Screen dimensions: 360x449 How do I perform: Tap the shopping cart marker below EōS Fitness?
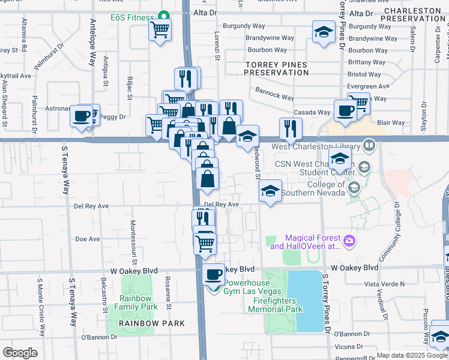click(160, 29)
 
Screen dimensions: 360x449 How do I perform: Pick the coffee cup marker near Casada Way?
click(346, 111)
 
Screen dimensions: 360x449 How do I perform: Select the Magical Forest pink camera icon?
click(351, 242)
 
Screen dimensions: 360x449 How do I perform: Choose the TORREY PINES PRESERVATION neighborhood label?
click(276, 68)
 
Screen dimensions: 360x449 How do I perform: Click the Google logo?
click(20, 352)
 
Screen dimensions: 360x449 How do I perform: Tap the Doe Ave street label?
click(88, 239)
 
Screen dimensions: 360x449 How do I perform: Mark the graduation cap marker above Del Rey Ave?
click(270, 191)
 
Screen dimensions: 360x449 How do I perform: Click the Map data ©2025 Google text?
click(412, 355)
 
